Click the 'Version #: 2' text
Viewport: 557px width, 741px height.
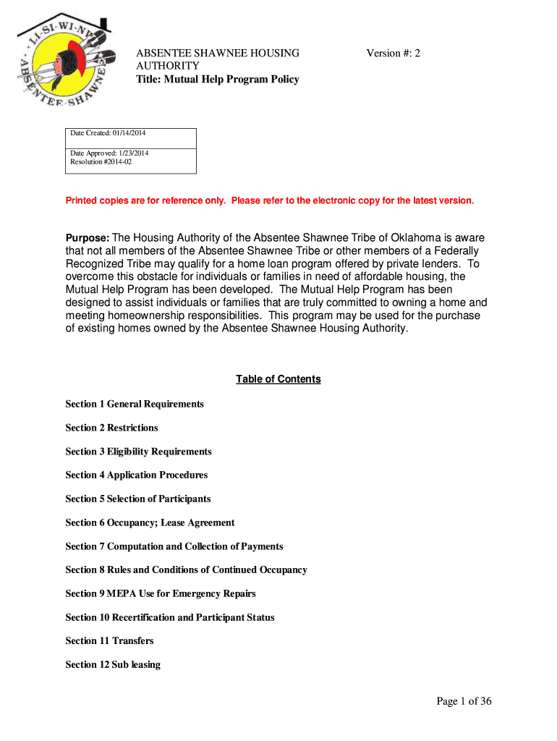pos(393,53)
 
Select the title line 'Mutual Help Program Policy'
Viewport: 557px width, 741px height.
pos(218,79)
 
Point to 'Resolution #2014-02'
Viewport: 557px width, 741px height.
pos(101,162)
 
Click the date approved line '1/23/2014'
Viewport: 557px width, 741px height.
pos(109,153)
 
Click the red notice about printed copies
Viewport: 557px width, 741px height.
pos(270,200)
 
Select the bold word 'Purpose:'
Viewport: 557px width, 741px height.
pos(88,238)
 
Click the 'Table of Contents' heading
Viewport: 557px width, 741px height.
pos(278,379)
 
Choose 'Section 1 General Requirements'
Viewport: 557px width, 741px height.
pos(135,404)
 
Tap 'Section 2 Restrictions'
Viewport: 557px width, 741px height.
pos(111,428)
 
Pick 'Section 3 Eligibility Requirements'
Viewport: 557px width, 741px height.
pos(138,452)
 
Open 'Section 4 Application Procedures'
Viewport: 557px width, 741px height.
pos(136,475)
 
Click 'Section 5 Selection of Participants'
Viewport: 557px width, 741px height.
pos(137,499)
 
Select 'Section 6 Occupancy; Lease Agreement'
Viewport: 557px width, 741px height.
pos(150,522)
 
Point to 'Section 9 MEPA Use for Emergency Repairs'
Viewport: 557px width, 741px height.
pos(160,593)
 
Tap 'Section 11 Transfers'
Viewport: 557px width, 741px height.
pos(109,640)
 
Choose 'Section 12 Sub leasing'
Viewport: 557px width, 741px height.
pos(113,664)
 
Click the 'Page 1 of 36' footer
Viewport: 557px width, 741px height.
pos(464,700)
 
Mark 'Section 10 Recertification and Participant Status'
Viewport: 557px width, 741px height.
pos(169,617)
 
